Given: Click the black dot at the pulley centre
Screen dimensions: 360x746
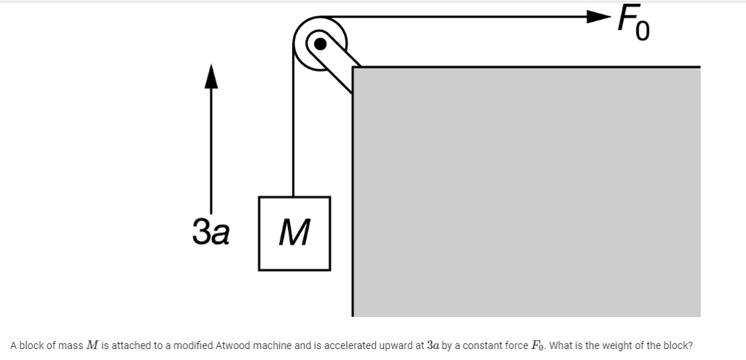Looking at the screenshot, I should point(320,42).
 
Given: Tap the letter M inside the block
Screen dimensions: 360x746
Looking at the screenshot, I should point(294,233).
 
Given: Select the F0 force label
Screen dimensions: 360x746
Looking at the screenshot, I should point(632,23).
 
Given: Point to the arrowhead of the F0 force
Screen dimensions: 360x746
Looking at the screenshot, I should point(599,16).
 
